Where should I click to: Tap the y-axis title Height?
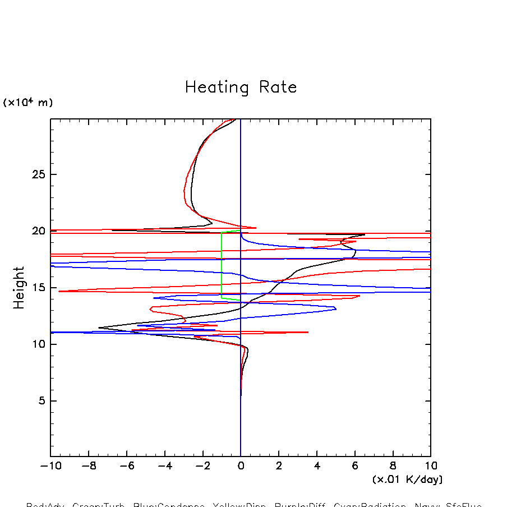point(20,288)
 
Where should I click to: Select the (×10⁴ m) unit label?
point(28,103)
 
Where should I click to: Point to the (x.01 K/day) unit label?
point(407,480)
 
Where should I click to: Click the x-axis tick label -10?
point(49,465)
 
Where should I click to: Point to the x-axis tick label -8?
point(87,465)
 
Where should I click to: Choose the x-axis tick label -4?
point(163,465)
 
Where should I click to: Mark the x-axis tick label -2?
point(201,465)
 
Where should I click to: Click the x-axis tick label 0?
point(241,465)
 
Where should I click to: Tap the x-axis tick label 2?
point(279,465)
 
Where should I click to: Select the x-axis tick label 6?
point(355,465)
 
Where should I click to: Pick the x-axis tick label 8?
point(393,465)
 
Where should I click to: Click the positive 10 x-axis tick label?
point(431,465)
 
